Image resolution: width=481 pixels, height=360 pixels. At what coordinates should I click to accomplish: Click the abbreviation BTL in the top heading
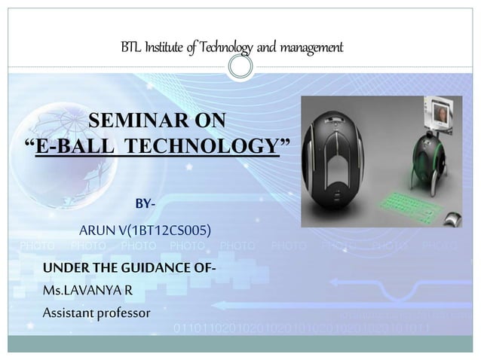(130, 48)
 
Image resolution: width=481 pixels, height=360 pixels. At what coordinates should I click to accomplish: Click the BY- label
(146, 203)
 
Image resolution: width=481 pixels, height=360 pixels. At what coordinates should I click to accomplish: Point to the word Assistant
(69, 311)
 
